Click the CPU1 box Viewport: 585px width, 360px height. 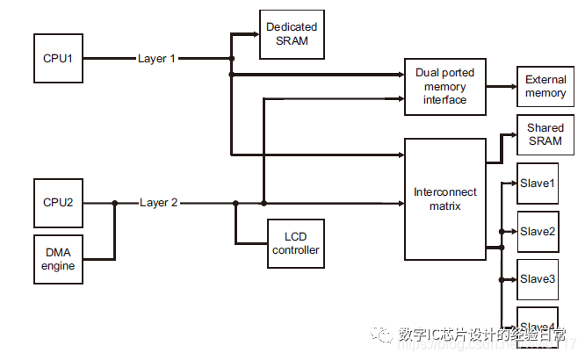point(58,59)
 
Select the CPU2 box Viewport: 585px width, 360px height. point(58,203)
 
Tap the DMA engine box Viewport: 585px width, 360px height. point(58,259)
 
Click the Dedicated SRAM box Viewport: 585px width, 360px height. point(292,34)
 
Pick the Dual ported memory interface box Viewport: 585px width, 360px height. point(444,87)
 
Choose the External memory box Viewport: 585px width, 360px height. point(545,87)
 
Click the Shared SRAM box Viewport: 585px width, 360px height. point(545,134)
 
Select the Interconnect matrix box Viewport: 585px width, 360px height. point(444,198)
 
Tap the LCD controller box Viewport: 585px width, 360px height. point(296,243)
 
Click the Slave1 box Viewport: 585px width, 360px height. point(538,184)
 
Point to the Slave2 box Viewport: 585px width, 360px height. point(538,232)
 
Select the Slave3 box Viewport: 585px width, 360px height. point(538,279)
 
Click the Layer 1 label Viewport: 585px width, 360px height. point(157,59)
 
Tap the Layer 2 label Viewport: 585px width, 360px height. point(159,203)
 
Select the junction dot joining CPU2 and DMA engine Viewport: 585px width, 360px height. point(114,203)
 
